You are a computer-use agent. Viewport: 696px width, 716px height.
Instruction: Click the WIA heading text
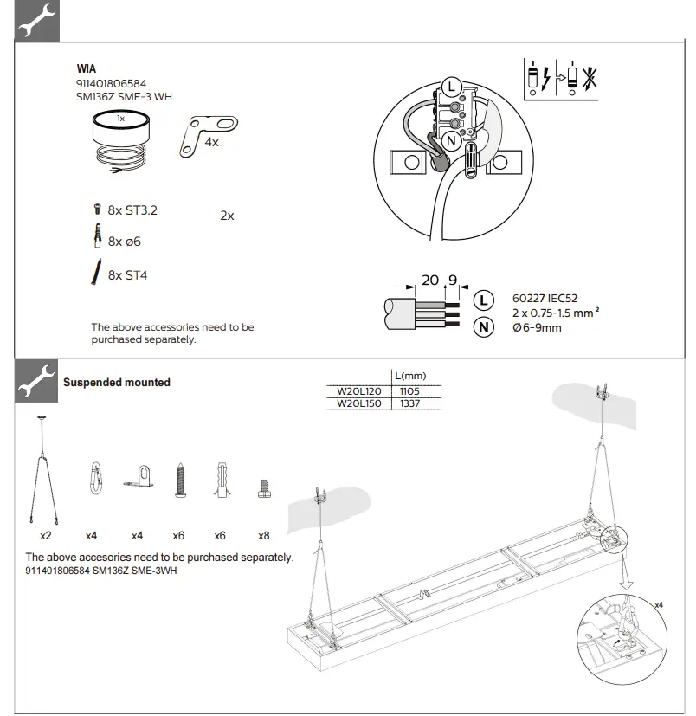pos(87,69)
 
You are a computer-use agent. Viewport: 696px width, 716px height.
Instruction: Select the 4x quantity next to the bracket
pos(211,142)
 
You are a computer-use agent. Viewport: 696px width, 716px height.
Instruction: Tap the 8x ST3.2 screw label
pos(132,210)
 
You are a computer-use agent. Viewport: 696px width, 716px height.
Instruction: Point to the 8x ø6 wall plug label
pos(124,242)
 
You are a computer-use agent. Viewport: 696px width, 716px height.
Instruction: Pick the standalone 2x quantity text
pos(227,216)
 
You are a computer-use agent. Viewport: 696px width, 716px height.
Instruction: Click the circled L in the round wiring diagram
pos(449,87)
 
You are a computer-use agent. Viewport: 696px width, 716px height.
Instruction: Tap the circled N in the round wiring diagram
pos(449,140)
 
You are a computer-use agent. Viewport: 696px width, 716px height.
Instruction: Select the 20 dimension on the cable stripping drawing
pos(430,280)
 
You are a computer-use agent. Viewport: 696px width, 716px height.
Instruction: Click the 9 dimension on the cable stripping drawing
pos(452,280)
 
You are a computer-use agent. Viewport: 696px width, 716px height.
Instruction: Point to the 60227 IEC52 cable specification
pos(545,298)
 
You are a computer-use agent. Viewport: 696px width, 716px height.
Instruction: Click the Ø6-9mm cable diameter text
pos(537,327)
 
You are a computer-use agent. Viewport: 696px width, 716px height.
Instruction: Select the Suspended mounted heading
pos(117,383)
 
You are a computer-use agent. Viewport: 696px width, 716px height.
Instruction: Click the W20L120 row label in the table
pos(358,391)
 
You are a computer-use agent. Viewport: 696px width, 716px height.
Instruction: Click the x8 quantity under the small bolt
pos(263,536)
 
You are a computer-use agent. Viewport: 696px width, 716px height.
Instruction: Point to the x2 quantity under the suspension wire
pos(45,536)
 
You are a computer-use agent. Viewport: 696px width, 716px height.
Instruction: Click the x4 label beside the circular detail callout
pos(660,604)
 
